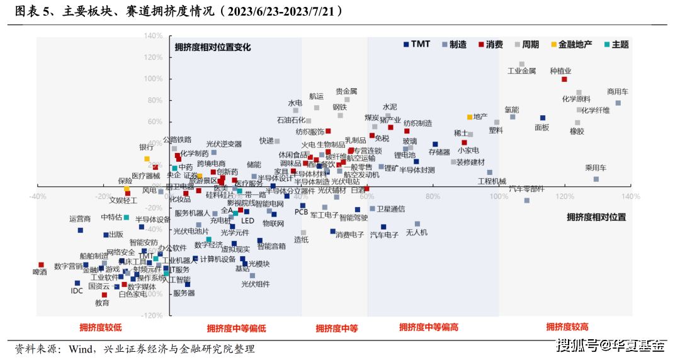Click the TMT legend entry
[x=417, y=44]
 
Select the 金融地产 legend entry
[x=570, y=44]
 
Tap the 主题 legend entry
[x=615, y=44]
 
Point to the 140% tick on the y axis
[x=154, y=36]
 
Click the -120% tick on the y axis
[x=152, y=315]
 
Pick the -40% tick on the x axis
[x=37, y=196]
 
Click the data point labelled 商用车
[x=618, y=103]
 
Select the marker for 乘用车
[x=596, y=179]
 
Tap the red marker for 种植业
[x=564, y=79]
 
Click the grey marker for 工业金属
[x=522, y=64]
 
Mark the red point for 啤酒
[x=41, y=265]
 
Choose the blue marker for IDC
[x=77, y=283]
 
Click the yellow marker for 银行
[x=147, y=159]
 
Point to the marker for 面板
[x=543, y=118]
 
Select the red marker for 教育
[x=105, y=295]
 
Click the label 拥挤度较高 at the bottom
[x=567, y=327]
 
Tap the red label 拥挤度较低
[x=100, y=327]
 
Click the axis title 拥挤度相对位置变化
[x=212, y=47]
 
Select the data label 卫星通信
[x=390, y=209]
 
